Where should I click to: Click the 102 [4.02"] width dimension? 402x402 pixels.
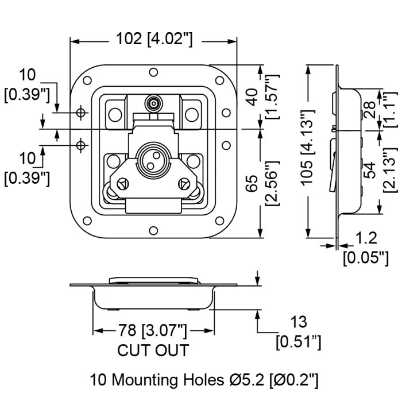click(x=154, y=39)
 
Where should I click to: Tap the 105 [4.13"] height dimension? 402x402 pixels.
click(x=307, y=147)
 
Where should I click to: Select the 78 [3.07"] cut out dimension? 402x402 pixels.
click(x=152, y=330)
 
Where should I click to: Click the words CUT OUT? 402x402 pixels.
click(x=153, y=350)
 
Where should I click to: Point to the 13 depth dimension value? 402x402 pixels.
click(x=299, y=322)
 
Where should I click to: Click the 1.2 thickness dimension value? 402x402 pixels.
click(x=366, y=238)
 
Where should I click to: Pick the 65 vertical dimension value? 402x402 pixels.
click(x=253, y=183)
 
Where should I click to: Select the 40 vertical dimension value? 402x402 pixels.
click(x=253, y=97)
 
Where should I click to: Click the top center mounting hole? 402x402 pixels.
click(x=153, y=72)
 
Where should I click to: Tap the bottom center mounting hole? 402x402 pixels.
click(x=153, y=230)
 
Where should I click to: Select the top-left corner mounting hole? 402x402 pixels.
click(x=87, y=80)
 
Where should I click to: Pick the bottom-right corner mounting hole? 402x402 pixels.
click(x=220, y=221)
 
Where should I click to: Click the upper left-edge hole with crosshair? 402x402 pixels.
click(x=81, y=113)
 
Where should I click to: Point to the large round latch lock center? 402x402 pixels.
click(x=153, y=160)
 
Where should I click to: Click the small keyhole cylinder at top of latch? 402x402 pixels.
click(x=153, y=104)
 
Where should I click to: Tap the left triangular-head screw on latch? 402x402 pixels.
click(x=123, y=184)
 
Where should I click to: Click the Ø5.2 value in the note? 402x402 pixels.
click(x=246, y=380)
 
